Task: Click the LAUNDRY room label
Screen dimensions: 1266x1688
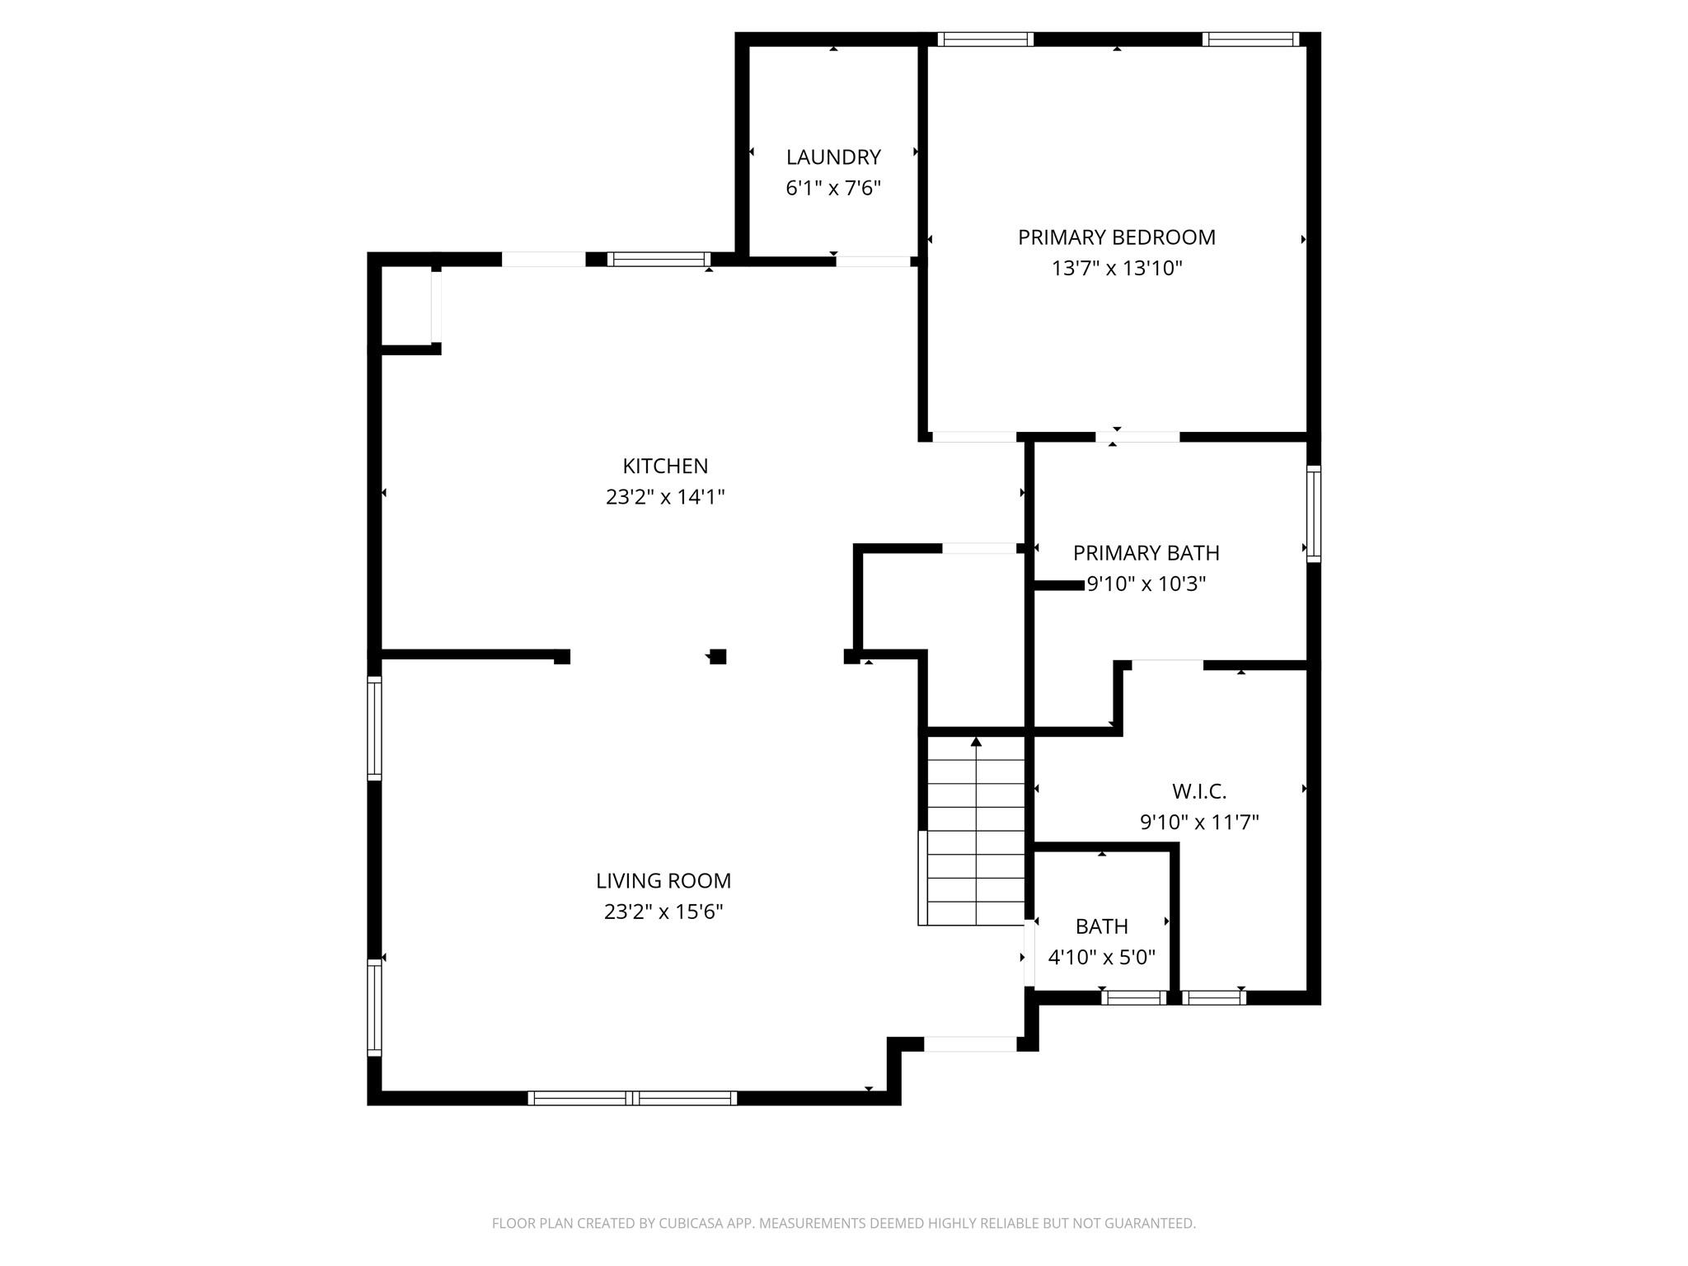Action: [832, 157]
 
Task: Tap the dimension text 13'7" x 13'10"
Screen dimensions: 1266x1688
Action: [1116, 269]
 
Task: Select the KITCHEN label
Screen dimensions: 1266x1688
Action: [664, 466]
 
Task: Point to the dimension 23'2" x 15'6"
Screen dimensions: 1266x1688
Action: [663, 912]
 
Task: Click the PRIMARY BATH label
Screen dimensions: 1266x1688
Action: [1146, 552]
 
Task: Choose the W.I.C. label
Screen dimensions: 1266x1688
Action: [1198, 791]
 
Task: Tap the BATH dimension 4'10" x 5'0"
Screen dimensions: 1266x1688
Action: [1101, 958]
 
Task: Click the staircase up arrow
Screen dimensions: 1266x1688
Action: [976, 742]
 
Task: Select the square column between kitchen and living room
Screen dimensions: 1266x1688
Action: [718, 657]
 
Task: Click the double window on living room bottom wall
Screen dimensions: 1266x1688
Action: [632, 1098]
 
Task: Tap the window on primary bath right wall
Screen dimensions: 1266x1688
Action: [1314, 513]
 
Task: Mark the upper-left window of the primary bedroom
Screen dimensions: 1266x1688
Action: [985, 39]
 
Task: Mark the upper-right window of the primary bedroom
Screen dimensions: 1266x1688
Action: [1250, 39]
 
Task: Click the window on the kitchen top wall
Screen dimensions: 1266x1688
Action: [659, 259]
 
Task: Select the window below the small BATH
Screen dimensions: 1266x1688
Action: [1133, 997]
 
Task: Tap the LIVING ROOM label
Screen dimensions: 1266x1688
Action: [663, 880]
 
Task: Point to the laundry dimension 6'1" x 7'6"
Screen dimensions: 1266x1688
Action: [832, 188]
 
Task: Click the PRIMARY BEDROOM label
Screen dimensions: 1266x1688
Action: [1116, 237]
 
